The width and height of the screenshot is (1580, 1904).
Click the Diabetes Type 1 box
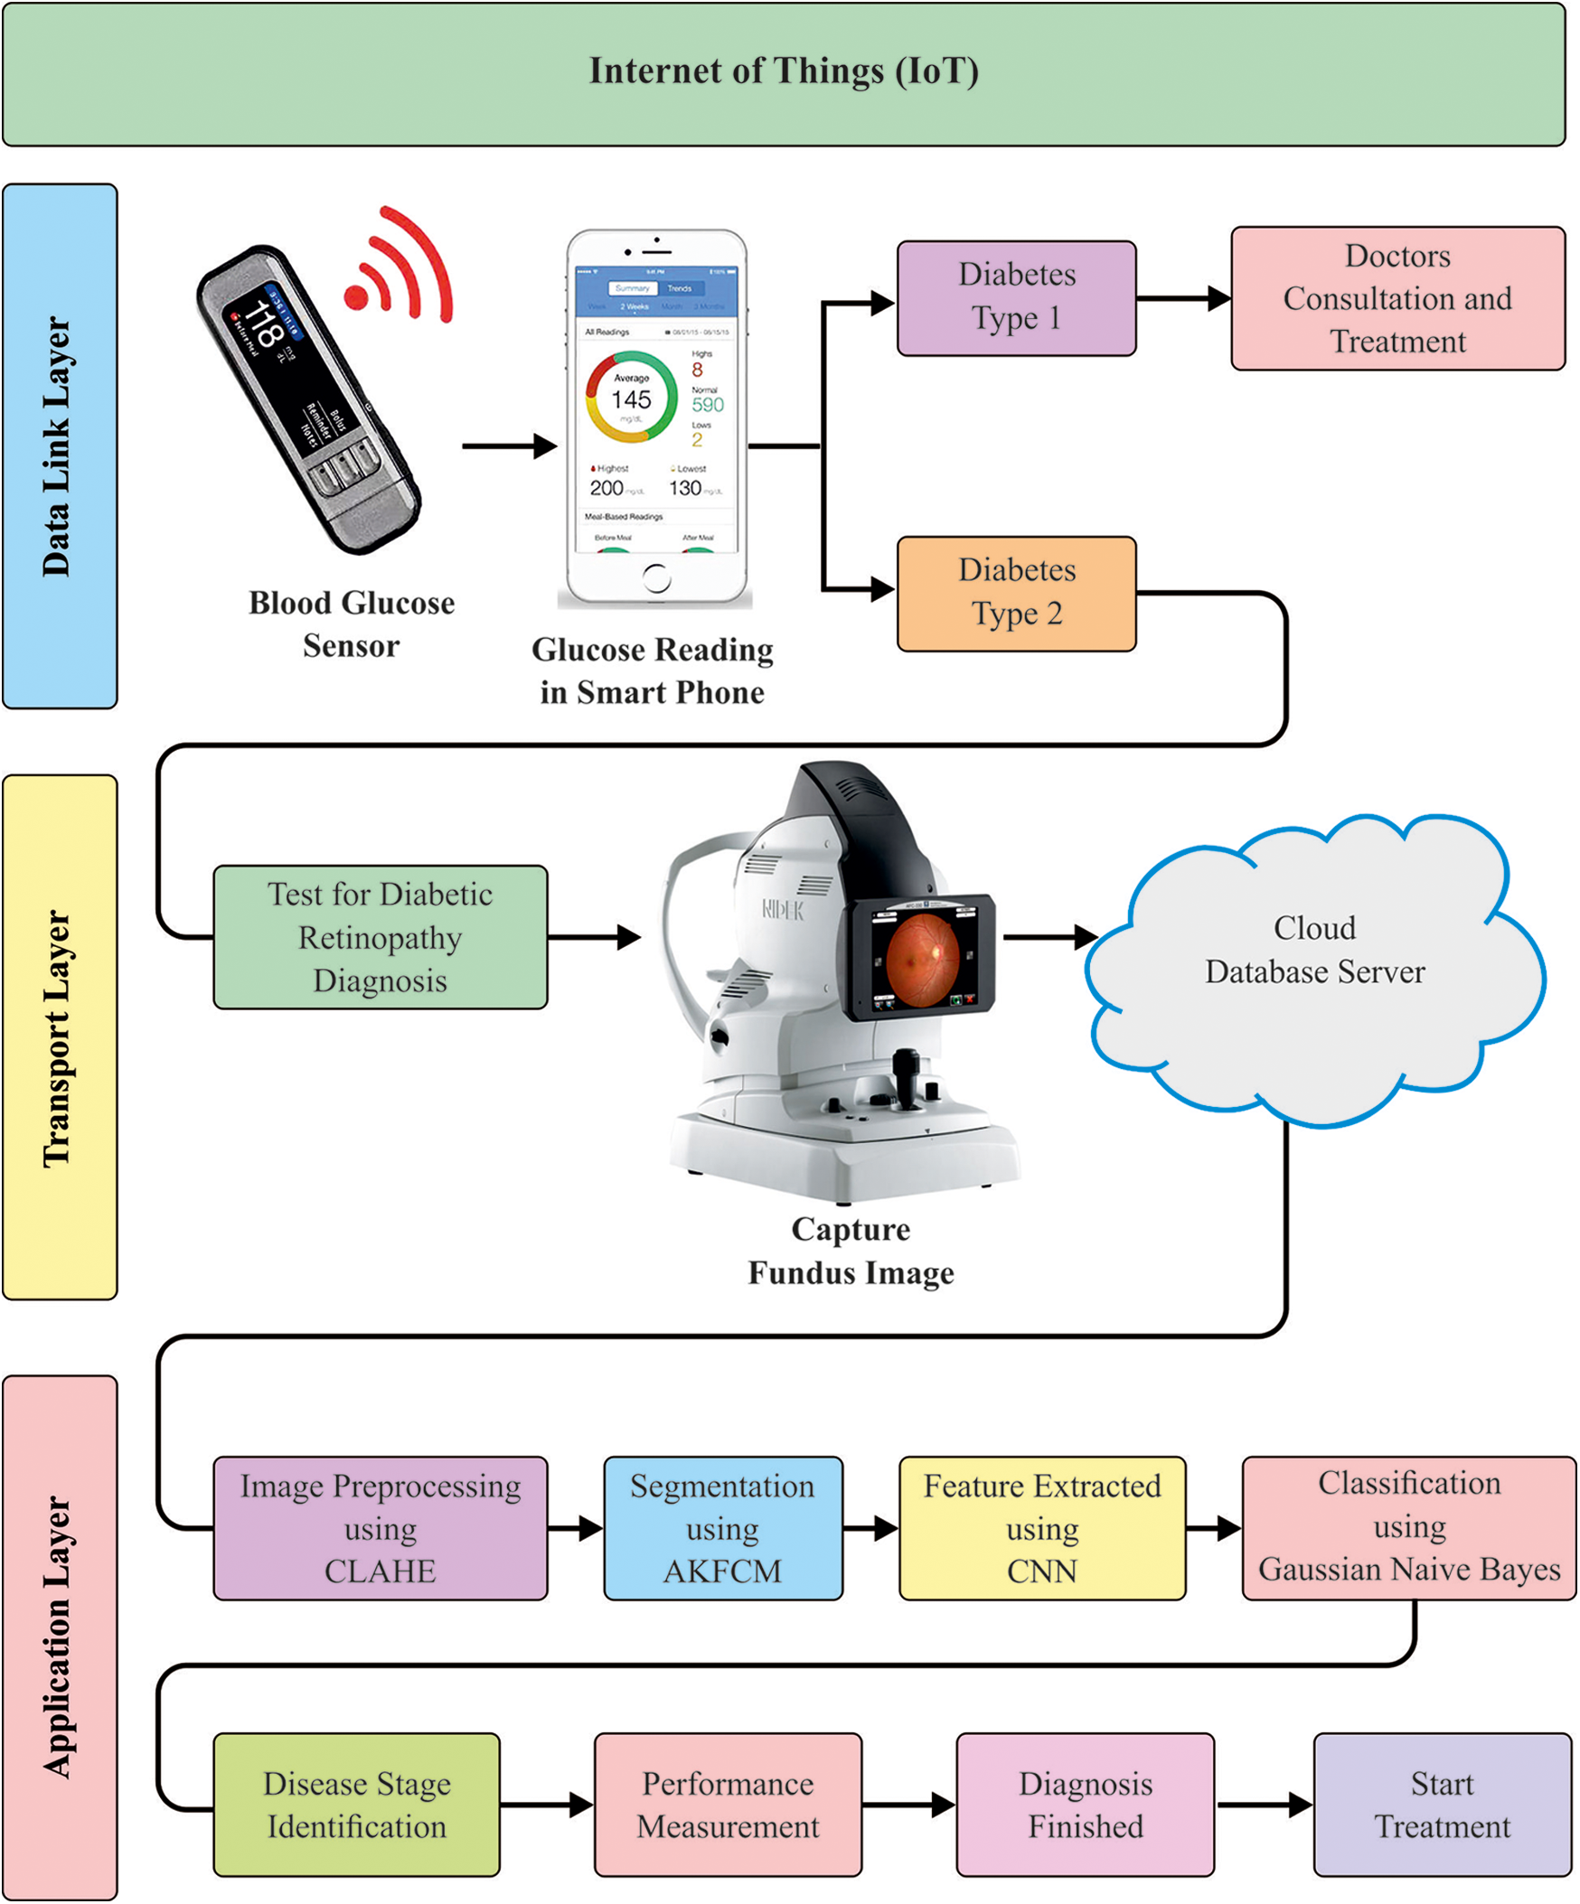click(x=1016, y=297)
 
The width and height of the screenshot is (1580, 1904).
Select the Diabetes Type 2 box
click(x=1016, y=594)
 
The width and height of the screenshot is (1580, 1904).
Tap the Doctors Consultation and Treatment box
click(x=1397, y=298)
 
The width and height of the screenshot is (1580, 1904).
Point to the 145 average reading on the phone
click(x=630, y=399)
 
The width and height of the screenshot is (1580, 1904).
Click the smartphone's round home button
click(x=655, y=577)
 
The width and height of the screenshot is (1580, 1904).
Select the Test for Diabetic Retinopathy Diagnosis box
click(x=380, y=937)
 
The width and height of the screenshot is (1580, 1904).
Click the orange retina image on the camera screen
click(x=921, y=960)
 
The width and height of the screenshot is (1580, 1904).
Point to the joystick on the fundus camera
click(x=905, y=1074)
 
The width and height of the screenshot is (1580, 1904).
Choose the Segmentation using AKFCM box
click(x=723, y=1529)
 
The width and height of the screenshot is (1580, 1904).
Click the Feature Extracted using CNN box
click(x=1041, y=1529)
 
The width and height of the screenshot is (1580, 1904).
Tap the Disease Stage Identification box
click(x=356, y=1806)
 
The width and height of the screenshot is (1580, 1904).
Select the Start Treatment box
click(x=1441, y=1806)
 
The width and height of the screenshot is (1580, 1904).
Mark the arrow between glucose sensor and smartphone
click(x=509, y=446)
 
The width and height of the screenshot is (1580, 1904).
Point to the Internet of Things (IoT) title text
click(x=784, y=72)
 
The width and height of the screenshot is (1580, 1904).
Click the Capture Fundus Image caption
click(x=850, y=1252)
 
